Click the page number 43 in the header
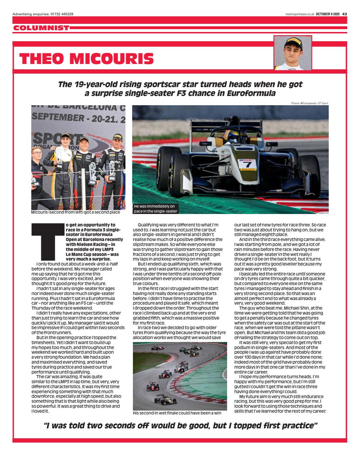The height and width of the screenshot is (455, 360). click(344, 14)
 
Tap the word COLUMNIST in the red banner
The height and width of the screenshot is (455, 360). click(41, 28)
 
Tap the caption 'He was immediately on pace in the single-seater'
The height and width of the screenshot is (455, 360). click(155, 209)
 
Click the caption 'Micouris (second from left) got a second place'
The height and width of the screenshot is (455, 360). click(75, 213)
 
